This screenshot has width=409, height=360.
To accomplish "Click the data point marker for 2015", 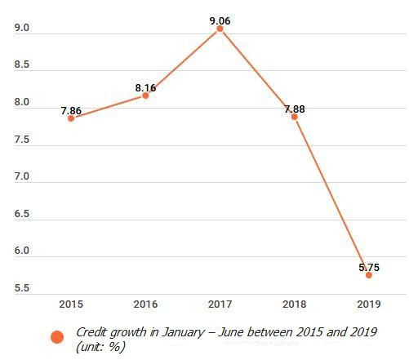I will coord(71,118).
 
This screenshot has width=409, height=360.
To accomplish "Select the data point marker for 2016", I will coord(145,96).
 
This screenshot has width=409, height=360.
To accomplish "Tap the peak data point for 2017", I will coord(220,29).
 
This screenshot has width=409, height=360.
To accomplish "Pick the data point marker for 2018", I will coord(294,117).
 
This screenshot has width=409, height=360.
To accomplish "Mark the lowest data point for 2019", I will coord(368,275).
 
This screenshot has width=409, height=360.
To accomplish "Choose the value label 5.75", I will coord(368,267).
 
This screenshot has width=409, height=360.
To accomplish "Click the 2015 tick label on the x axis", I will coord(71,304).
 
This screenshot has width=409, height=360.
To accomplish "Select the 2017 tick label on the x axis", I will coord(220,304).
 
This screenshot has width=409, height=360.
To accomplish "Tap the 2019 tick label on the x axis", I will coord(368,304).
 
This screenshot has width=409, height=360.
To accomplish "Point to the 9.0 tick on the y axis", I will coord(22,29).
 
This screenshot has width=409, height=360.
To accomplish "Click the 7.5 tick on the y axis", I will coord(22,140).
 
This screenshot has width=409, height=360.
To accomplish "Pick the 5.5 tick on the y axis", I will coord(22,288).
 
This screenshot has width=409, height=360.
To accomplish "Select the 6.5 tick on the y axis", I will coord(22,214).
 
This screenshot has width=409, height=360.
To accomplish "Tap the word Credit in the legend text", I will coord(91,332).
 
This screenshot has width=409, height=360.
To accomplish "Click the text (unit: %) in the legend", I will coord(100,346).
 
